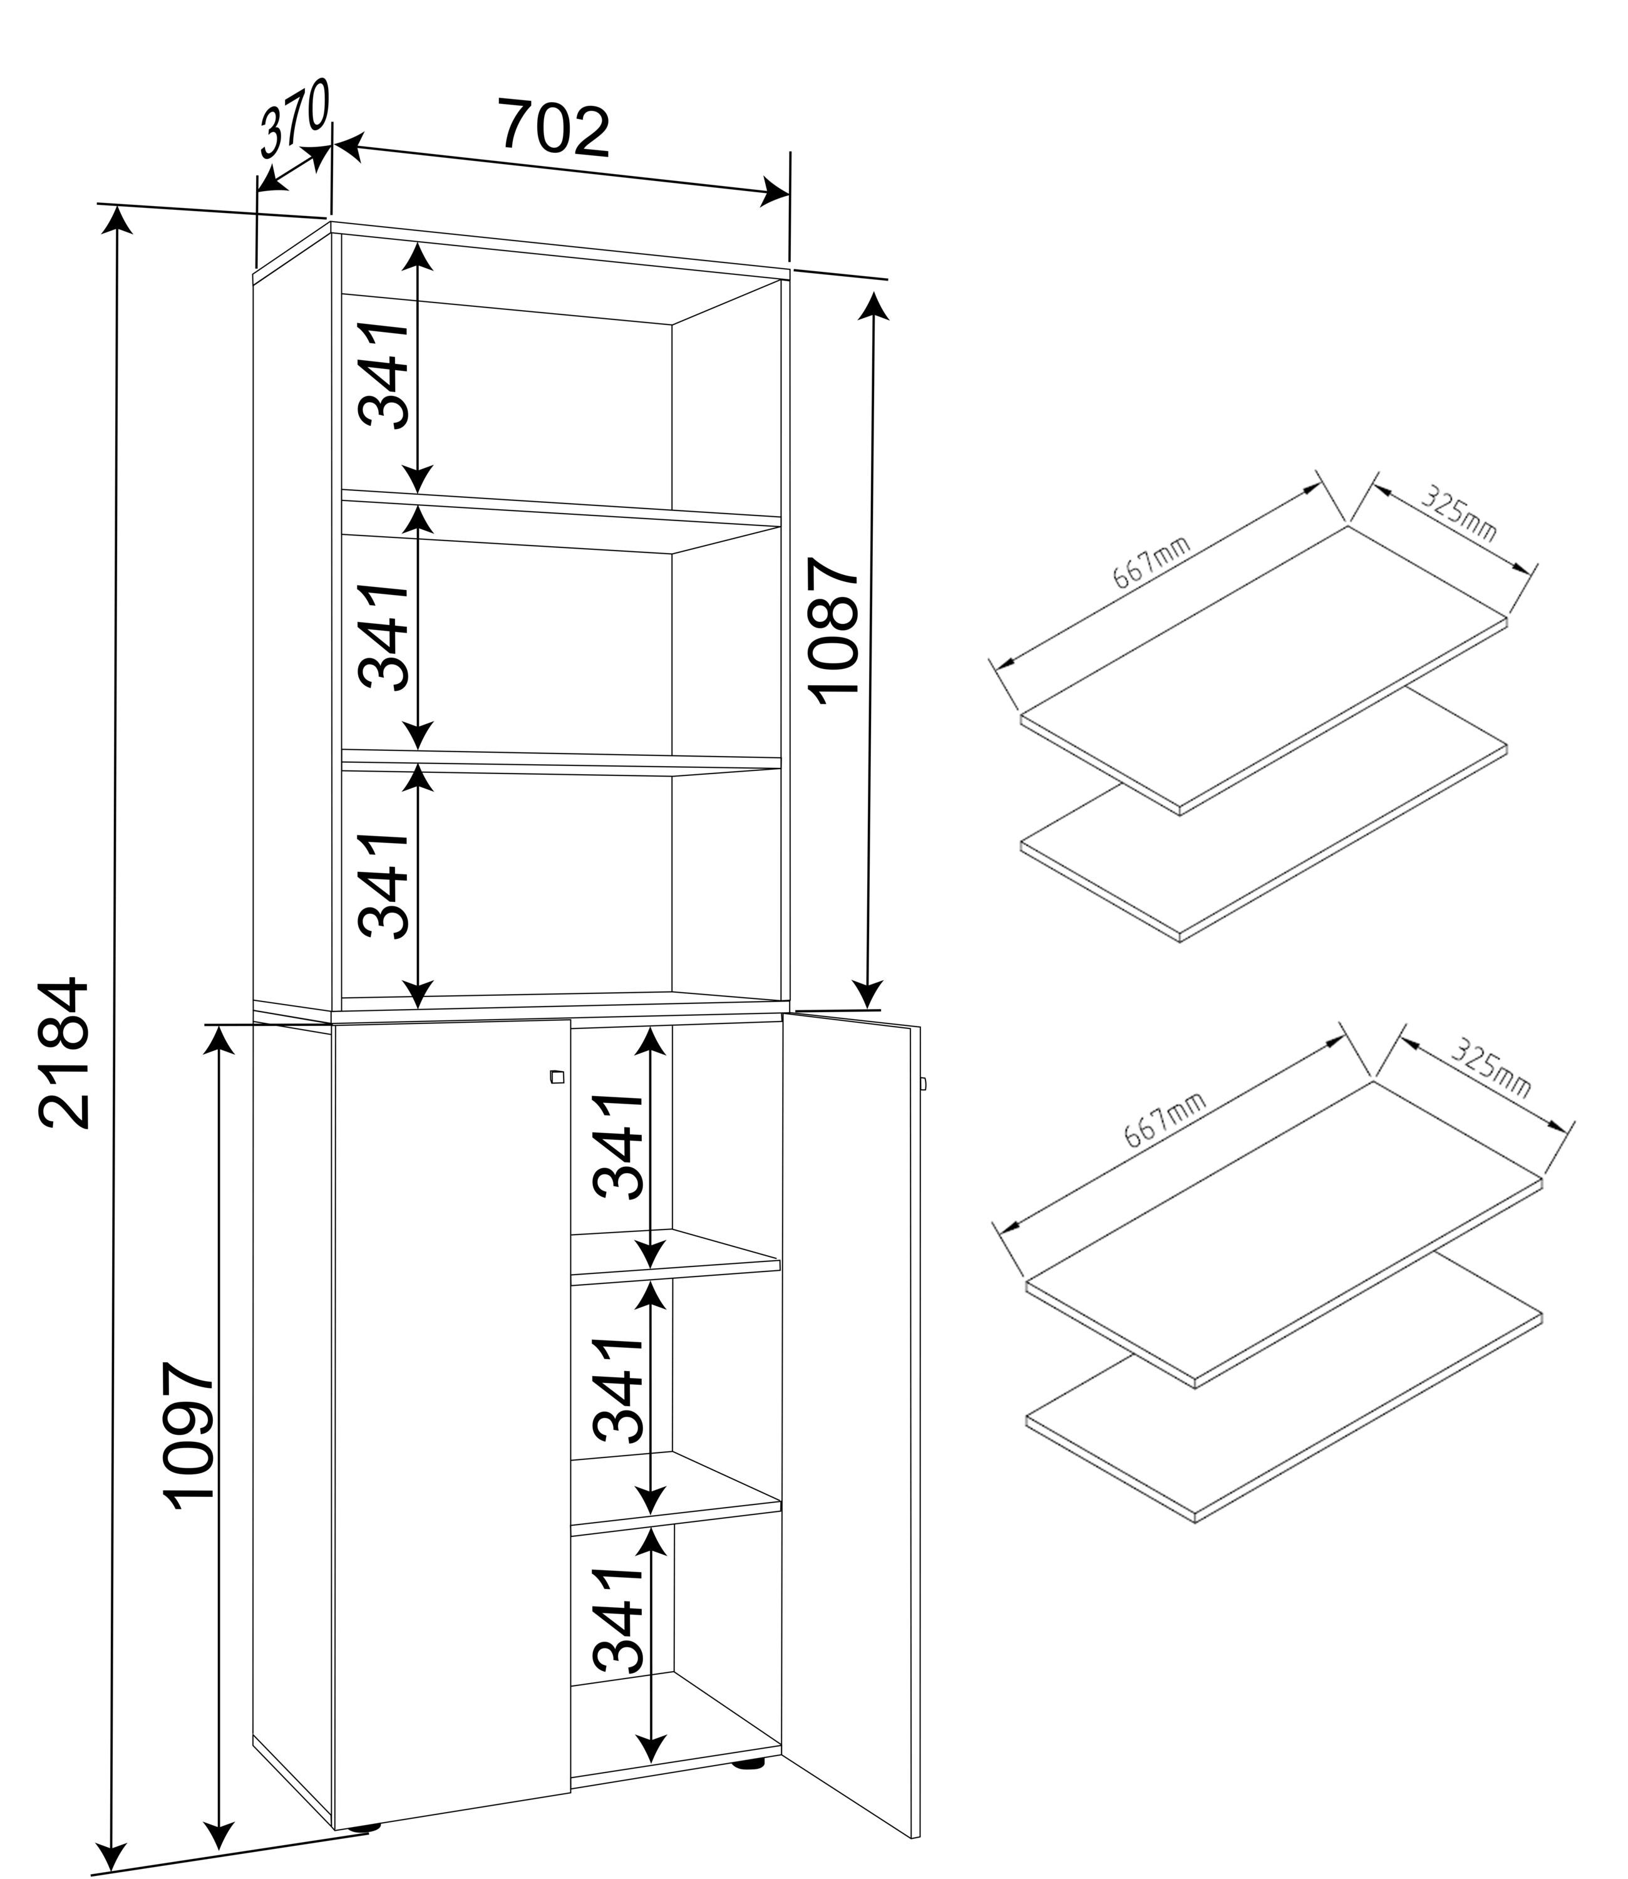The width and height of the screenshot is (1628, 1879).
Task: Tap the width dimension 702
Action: point(554,129)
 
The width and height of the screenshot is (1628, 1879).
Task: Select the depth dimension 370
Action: point(294,117)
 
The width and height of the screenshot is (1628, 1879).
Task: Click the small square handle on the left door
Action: point(557,1078)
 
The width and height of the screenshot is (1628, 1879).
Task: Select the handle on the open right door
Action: point(923,1084)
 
